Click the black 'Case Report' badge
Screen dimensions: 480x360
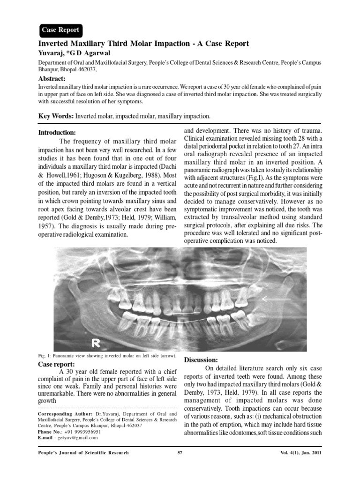tap(60, 30)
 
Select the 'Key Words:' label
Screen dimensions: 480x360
tap(55, 116)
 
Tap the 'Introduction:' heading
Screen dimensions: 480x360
tap(57, 133)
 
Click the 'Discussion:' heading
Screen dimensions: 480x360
tap(201, 360)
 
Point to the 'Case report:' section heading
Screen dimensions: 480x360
tap(56, 364)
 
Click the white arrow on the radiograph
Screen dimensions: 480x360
tap(276, 298)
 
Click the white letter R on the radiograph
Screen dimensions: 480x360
tap(97, 343)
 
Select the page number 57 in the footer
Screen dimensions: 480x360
tap(180, 453)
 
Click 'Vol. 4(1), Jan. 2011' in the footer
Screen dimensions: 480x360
tap(299, 453)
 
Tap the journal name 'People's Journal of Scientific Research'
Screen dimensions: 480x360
tap(83, 453)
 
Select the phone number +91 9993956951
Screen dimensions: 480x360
tap(82, 432)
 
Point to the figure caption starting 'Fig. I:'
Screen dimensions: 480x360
tap(106, 356)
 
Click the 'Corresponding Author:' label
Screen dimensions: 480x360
tap(65, 414)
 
